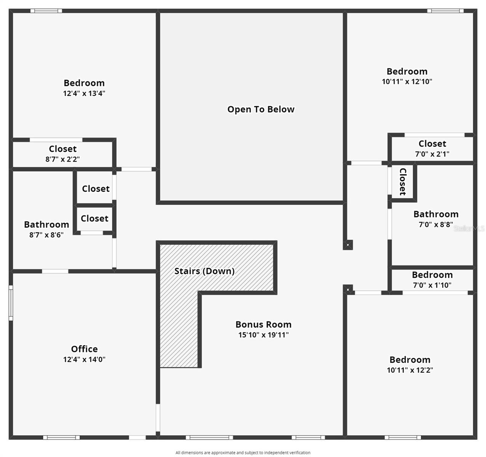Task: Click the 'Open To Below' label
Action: click(x=261, y=110)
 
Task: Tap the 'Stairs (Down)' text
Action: click(x=204, y=271)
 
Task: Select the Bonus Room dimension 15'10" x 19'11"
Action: click(x=263, y=335)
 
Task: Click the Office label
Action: click(x=84, y=349)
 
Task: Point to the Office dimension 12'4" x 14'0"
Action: click(x=84, y=360)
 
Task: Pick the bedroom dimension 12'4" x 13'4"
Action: click(x=84, y=93)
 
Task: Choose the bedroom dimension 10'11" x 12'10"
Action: click(x=407, y=81)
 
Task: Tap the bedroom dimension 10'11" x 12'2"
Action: click(x=410, y=370)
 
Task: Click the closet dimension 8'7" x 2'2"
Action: click(x=63, y=159)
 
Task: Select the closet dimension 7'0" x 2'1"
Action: click(x=432, y=154)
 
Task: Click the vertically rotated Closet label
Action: click(x=403, y=182)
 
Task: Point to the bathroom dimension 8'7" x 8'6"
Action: click(x=47, y=235)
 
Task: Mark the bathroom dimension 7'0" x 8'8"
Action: click(x=436, y=225)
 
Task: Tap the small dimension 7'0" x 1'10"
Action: click(x=432, y=285)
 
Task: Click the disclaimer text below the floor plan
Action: click(x=243, y=452)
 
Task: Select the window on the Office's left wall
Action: click(x=11, y=303)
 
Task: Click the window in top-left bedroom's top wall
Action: click(x=46, y=11)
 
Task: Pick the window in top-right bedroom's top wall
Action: click(x=445, y=11)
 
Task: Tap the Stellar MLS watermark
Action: click(x=469, y=228)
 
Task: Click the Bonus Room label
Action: click(x=263, y=324)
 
